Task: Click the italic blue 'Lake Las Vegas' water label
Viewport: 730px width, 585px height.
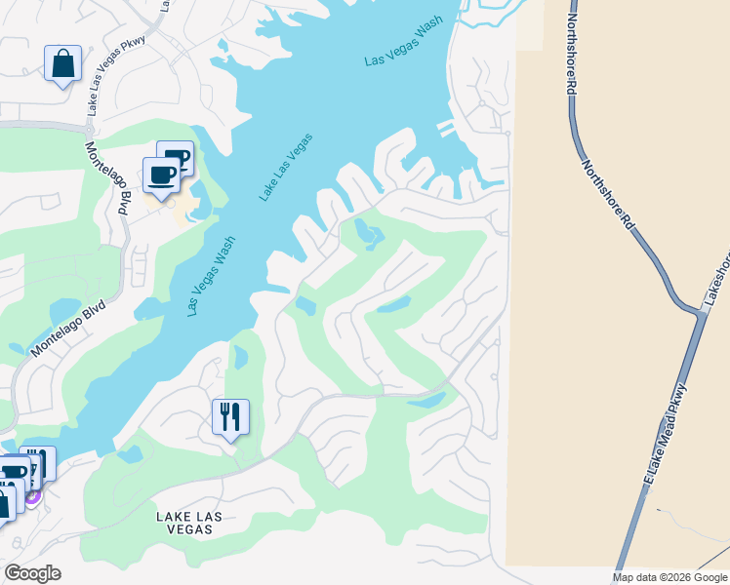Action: [286, 167]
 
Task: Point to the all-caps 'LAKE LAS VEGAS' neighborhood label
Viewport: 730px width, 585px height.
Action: [184, 522]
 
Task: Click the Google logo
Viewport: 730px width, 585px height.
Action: [32, 573]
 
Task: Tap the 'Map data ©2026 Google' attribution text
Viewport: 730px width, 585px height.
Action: [669, 577]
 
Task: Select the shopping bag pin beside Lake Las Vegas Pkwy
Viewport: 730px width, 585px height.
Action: [62, 64]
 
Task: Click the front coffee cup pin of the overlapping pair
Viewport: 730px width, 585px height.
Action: [161, 175]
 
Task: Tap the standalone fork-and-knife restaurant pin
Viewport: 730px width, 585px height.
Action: [230, 416]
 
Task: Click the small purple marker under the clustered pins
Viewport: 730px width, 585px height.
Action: [32, 496]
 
